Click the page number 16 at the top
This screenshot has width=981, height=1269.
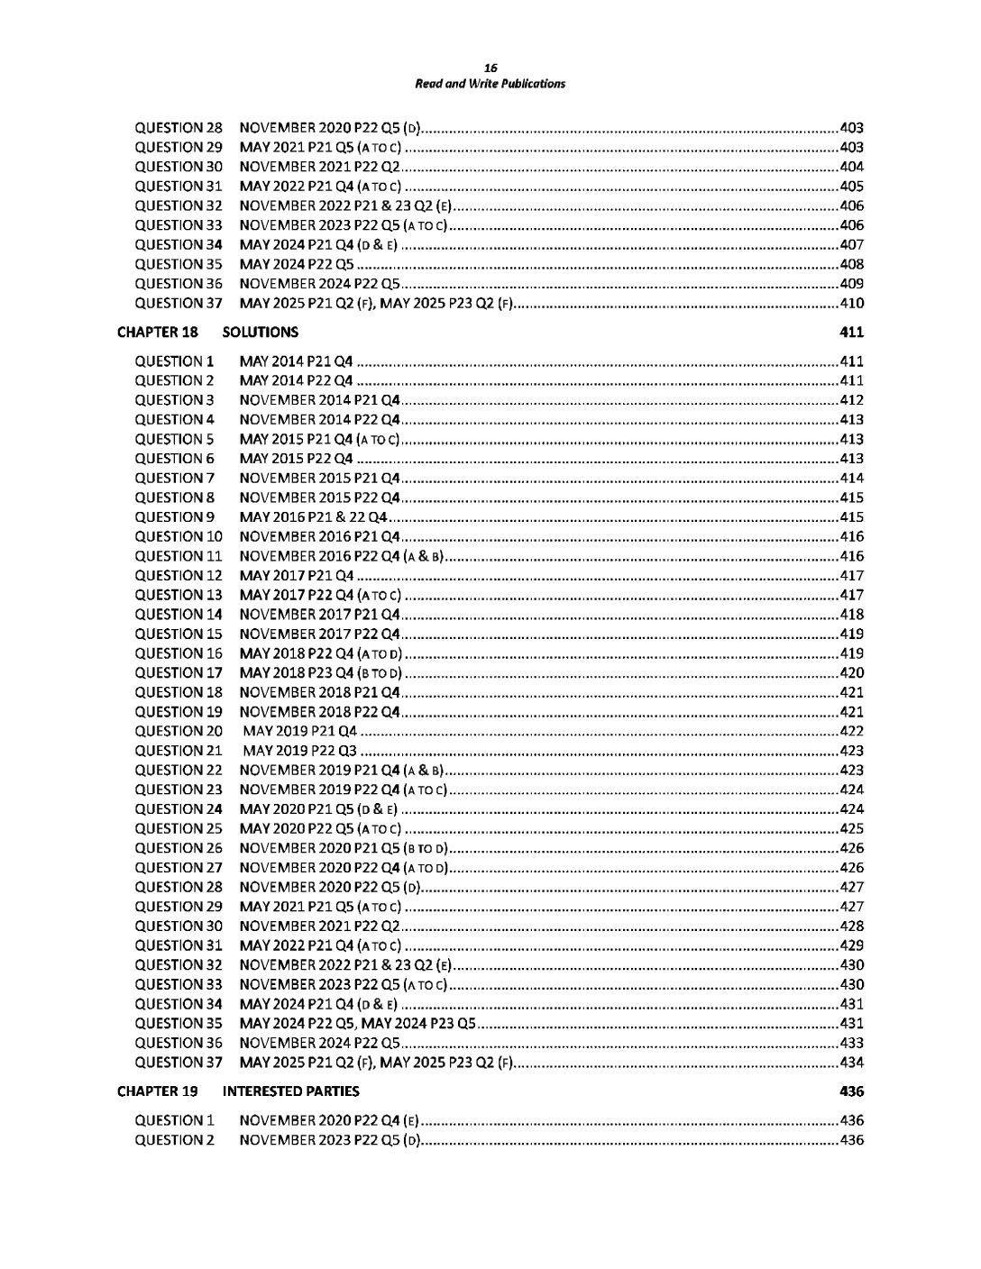click(490, 68)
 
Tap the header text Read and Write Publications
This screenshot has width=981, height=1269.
click(490, 84)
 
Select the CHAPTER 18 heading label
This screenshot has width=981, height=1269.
click(158, 332)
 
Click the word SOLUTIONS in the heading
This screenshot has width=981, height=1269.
click(261, 332)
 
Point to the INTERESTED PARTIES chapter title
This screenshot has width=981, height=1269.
click(290, 1091)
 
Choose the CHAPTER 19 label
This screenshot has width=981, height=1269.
click(158, 1091)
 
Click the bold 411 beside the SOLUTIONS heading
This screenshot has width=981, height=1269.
click(851, 332)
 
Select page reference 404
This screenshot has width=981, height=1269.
click(851, 167)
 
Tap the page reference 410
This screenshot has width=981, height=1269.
click(851, 303)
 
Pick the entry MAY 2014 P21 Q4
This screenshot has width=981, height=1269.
click(296, 361)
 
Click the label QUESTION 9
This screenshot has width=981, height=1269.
click(175, 517)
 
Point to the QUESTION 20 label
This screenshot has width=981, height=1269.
click(179, 731)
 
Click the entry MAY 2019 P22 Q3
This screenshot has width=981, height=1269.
click(300, 751)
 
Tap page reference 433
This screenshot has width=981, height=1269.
click(851, 1043)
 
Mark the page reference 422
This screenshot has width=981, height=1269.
click(851, 731)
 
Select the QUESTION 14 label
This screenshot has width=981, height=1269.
click(179, 615)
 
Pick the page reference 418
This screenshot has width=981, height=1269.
click(851, 615)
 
